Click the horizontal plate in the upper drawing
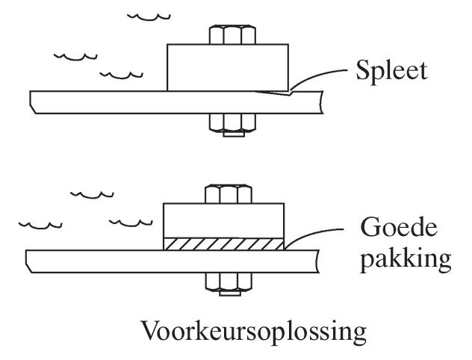click(112, 102)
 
